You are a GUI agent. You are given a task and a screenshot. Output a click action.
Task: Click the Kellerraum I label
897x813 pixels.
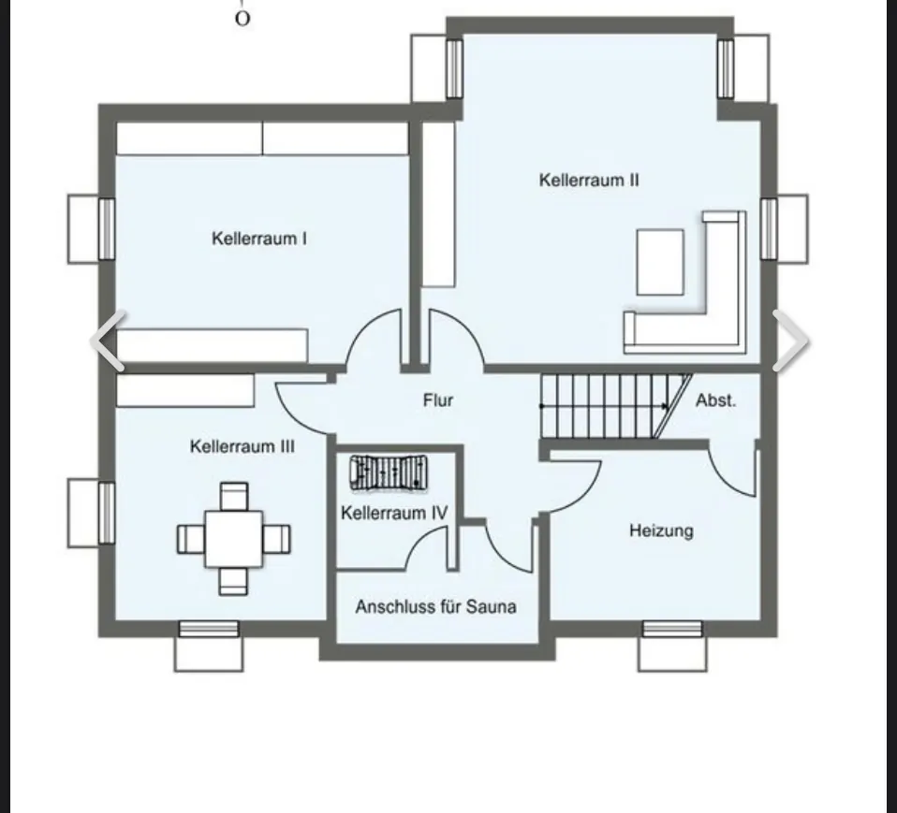[259, 239]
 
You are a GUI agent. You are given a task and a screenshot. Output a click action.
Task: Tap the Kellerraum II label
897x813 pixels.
[589, 180]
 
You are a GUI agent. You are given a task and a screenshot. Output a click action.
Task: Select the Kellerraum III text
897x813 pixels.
[242, 446]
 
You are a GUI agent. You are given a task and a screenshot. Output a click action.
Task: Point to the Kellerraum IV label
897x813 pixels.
[394, 513]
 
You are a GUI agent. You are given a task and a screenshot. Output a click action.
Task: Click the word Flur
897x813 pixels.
[438, 400]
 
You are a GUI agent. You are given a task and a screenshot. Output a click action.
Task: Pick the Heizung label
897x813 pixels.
[661, 530]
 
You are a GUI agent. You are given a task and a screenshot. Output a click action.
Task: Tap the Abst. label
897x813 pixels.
[715, 400]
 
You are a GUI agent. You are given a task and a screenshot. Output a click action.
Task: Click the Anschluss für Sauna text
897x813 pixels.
[435, 606]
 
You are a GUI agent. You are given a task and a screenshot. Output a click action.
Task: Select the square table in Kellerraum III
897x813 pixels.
[234, 538]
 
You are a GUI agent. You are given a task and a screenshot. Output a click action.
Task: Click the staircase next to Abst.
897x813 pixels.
[605, 406]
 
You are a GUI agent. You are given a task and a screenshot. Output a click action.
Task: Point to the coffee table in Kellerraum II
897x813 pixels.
[660, 262]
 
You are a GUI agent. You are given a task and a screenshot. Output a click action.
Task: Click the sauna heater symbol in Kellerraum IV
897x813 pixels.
[388, 472]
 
